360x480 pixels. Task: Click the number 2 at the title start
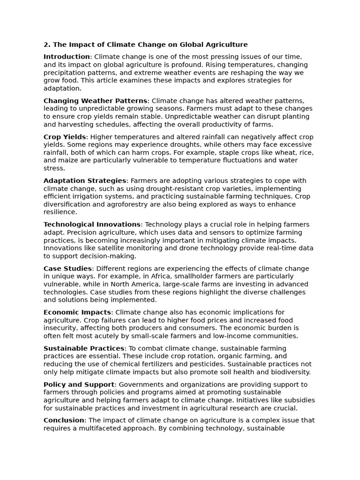[x=45, y=45]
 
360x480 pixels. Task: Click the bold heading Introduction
[x=67, y=57]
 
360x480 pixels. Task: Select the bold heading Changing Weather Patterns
[x=95, y=101]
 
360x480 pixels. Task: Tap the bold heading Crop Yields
[x=65, y=137]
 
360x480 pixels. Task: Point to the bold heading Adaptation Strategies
[x=85, y=181]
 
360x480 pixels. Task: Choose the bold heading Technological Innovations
[x=92, y=225]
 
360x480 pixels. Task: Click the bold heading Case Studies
[x=67, y=269]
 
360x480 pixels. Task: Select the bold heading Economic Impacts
[x=77, y=312]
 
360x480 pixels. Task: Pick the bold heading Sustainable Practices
[x=84, y=348]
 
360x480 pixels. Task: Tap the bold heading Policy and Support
[x=79, y=384]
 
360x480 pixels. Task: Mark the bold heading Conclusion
[x=64, y=420]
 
